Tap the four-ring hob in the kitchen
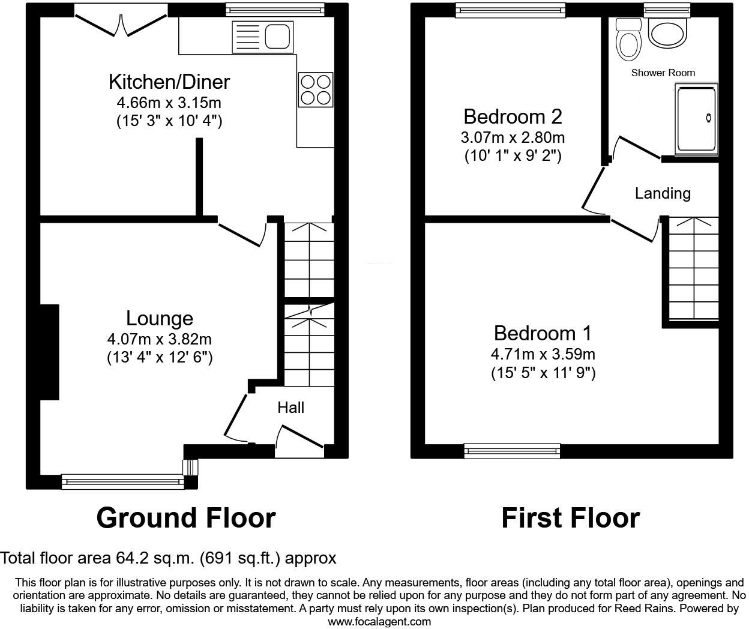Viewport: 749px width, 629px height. coord(316,89)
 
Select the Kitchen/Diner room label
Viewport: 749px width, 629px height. coord(169,82)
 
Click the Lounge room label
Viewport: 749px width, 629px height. coord(159,318)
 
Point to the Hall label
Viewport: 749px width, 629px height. coord(290,408)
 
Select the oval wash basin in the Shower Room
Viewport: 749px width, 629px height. coord(667,34)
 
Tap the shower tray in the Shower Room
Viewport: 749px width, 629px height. coord(696,119)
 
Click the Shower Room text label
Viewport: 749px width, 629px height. coord(663,73)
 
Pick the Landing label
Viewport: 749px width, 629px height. coord(663,193)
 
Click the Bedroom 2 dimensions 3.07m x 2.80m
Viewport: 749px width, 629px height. coord(513,137)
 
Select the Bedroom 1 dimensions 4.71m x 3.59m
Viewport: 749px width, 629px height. coord(543,354)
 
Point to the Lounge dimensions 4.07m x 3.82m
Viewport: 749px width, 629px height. coord(159,339)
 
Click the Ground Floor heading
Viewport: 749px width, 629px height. coord(185,518)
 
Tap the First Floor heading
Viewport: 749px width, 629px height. coord(570,518)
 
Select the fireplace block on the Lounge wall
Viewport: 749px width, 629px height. coord(49,352)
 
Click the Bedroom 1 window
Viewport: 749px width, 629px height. coord(512,451)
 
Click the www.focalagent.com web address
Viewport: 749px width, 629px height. coord(379,622)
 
